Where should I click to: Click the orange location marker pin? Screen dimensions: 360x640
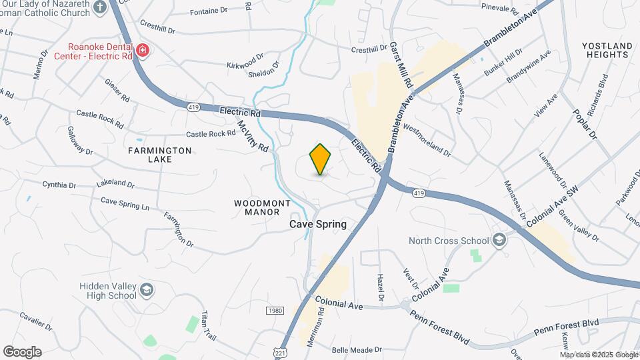[x=320, y=159]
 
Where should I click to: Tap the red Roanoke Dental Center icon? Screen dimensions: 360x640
[x=142, y=51]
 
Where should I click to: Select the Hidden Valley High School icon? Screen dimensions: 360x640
[x=147, y=290]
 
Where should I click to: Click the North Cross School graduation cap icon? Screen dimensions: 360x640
[x=499, y=241]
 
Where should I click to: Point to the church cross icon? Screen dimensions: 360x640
[x=100, y=7]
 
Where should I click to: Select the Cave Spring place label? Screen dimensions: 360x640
[x=318, y=224]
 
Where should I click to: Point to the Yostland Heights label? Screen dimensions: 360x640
[x=607, y=50]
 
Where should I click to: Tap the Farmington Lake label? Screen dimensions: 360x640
[x=151, y=155]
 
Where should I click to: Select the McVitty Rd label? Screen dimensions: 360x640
[x=252, y=133]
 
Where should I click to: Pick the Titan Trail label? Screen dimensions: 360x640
[x=208, y=325]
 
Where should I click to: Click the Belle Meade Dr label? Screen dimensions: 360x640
[x=357, y=349]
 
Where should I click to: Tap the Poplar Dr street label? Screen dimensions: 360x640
[x=585, y=123]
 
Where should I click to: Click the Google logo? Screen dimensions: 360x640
[x=22, y=351]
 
